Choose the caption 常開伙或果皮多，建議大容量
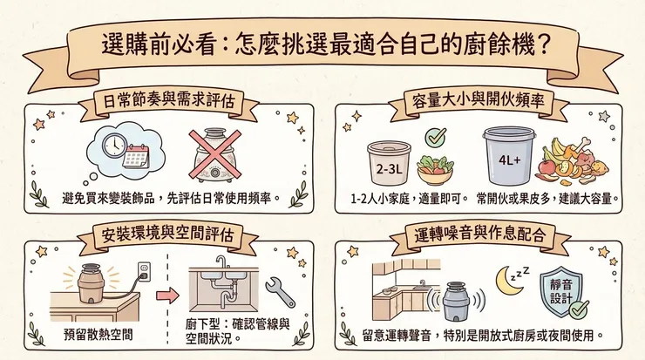coord(547,198)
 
